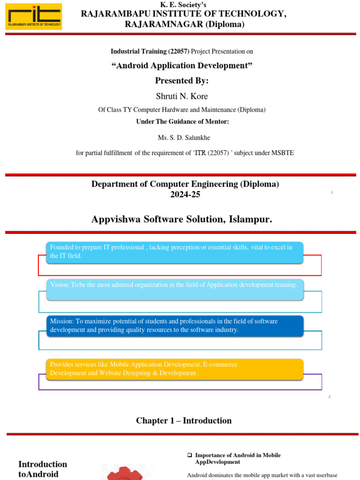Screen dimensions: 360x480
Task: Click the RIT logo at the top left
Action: click(33, 16)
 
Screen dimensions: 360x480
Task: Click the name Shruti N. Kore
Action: click(182, 96)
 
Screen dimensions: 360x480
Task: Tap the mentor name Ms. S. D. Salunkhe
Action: click(182, 138)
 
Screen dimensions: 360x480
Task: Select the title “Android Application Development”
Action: click(182, 66)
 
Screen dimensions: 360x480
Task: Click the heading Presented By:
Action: click(182, 81)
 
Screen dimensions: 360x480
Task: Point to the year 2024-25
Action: click(185, 194)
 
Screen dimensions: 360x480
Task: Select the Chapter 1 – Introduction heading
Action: click(184, 420)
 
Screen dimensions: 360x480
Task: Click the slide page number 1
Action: click(331, 192)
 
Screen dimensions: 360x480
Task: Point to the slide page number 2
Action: click(330, 397)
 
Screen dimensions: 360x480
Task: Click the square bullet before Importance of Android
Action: click(190, 455)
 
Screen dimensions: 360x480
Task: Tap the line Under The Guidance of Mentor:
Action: click(182, 121)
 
